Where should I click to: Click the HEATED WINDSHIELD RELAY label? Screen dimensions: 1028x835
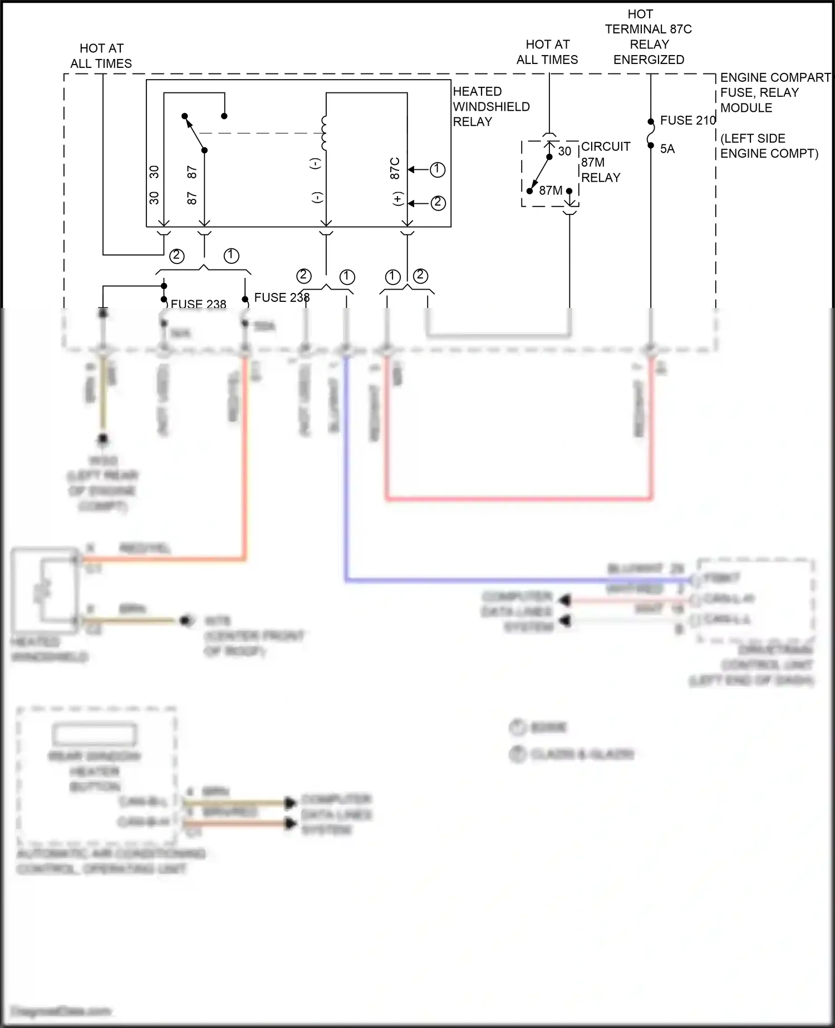tap(491, 106)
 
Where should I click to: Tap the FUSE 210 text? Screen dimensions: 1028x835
tap(687, 120)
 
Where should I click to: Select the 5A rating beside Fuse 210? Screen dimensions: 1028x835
tap(667, 149)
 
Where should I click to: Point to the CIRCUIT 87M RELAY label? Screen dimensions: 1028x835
tap(605, 162)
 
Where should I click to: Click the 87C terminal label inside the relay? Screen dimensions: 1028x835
tap(395, 168)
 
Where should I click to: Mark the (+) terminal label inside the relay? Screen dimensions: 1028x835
tap(397, 199)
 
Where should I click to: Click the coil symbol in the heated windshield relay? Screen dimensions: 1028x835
tap(325, 133)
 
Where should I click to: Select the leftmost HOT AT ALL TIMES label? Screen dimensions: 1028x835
tap(101, 56)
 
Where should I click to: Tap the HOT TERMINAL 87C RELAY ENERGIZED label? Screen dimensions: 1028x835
tap(649, 37)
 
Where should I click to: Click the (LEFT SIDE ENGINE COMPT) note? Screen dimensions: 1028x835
tap(769, 146)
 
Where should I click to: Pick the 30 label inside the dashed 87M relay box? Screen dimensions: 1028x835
tap(564, 151)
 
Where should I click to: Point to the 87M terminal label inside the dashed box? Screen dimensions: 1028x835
tap(551, 190)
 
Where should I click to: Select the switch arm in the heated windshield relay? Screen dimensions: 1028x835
tap(195, 134)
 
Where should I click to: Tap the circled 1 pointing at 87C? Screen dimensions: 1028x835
tap(438, 169)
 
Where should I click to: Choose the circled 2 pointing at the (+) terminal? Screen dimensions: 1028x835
tap(438, 203)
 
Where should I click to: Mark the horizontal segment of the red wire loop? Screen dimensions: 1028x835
tap(518, 498)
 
